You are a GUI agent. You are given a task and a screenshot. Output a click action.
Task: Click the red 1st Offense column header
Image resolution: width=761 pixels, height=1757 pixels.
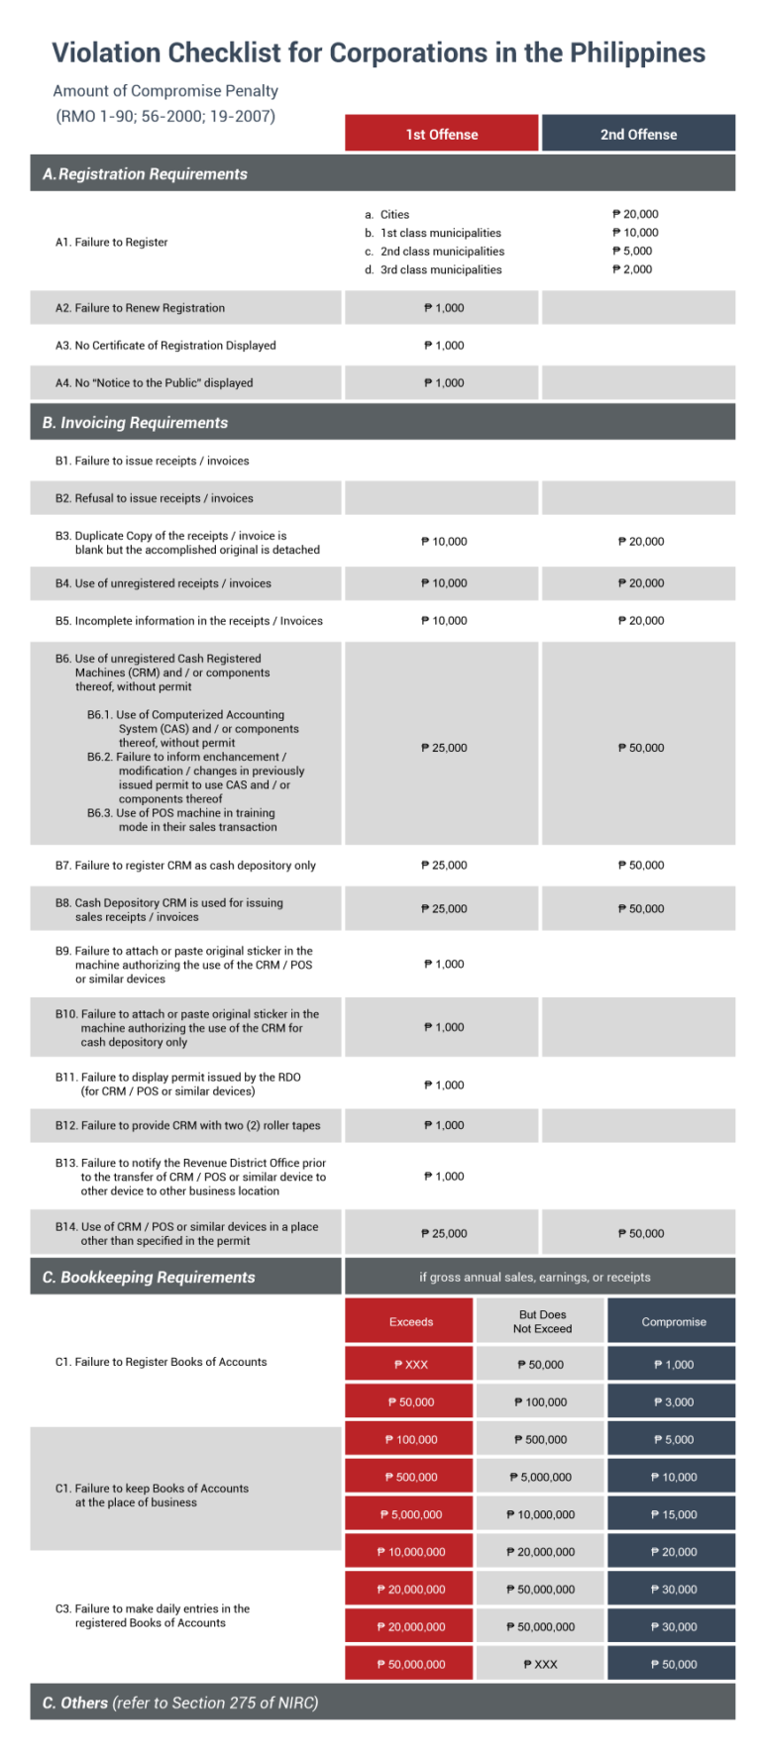click(441, 134)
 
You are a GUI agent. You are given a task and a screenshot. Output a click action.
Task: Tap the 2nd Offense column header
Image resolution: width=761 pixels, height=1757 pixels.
click(638, 134)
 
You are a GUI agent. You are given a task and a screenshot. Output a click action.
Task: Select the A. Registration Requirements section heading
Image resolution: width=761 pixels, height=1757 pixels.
click(145, 174)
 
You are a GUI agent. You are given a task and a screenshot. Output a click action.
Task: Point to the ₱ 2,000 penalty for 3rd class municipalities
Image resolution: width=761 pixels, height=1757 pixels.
click(632, 269)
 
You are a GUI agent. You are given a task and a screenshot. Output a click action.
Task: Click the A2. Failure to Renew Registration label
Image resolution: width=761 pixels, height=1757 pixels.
click(140, 308)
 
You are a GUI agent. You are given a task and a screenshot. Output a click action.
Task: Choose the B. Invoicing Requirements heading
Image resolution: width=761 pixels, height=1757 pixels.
click(135, 423)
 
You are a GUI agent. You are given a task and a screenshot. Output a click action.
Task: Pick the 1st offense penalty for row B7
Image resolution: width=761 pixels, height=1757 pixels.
click(444, 866)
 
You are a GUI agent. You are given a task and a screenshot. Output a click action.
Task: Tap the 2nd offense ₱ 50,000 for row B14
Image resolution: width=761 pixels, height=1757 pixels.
click(640, 1234)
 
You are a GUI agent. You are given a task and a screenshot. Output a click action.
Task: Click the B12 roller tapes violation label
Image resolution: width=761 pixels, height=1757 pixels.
click(187, 1126)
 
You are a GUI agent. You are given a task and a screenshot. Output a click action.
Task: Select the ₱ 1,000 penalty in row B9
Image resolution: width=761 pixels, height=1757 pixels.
click(444, 964)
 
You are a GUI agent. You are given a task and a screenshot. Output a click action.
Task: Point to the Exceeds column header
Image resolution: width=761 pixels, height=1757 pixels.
click(411, 1322)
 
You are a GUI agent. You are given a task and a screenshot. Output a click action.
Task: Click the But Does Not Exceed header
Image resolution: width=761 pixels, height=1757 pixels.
click(542, 1322)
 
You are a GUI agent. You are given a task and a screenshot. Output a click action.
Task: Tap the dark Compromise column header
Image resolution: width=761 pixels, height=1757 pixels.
click(674, 1322)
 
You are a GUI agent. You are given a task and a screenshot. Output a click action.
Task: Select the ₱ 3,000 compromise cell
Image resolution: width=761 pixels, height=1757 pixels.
click(674, 1402)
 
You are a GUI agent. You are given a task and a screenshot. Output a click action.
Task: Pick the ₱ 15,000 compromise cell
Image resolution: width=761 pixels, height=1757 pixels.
click(674, 1515)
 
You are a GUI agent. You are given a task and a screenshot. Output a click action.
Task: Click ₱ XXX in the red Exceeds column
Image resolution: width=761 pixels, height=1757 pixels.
click(411, 1365)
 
